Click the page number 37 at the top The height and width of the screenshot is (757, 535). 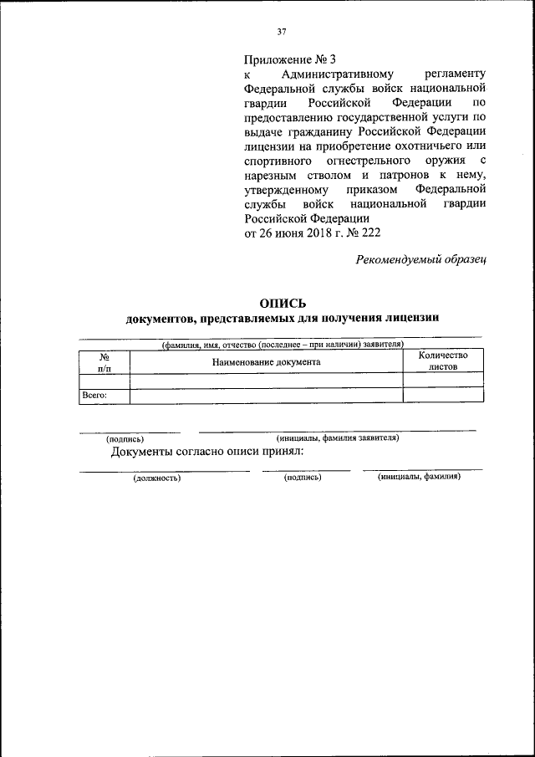pos(282,32)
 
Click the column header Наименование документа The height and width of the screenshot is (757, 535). pos(266,362)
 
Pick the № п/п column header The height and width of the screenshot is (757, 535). pos(104,362)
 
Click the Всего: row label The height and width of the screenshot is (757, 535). pos(94,395)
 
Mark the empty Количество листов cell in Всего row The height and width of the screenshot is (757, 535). pos(442,396)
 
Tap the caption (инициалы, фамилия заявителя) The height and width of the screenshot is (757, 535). pos(337,437)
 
